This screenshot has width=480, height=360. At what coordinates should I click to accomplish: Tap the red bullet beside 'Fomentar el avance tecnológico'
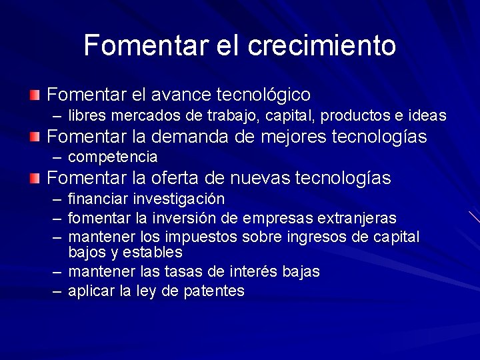(35, 95)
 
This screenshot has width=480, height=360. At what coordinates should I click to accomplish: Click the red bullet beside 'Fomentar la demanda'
(35, 137)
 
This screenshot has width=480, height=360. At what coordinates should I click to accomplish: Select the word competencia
(113, 157)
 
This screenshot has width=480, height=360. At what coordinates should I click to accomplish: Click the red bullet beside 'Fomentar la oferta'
(35, 179)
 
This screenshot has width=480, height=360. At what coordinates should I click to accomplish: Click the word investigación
(178, 199)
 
